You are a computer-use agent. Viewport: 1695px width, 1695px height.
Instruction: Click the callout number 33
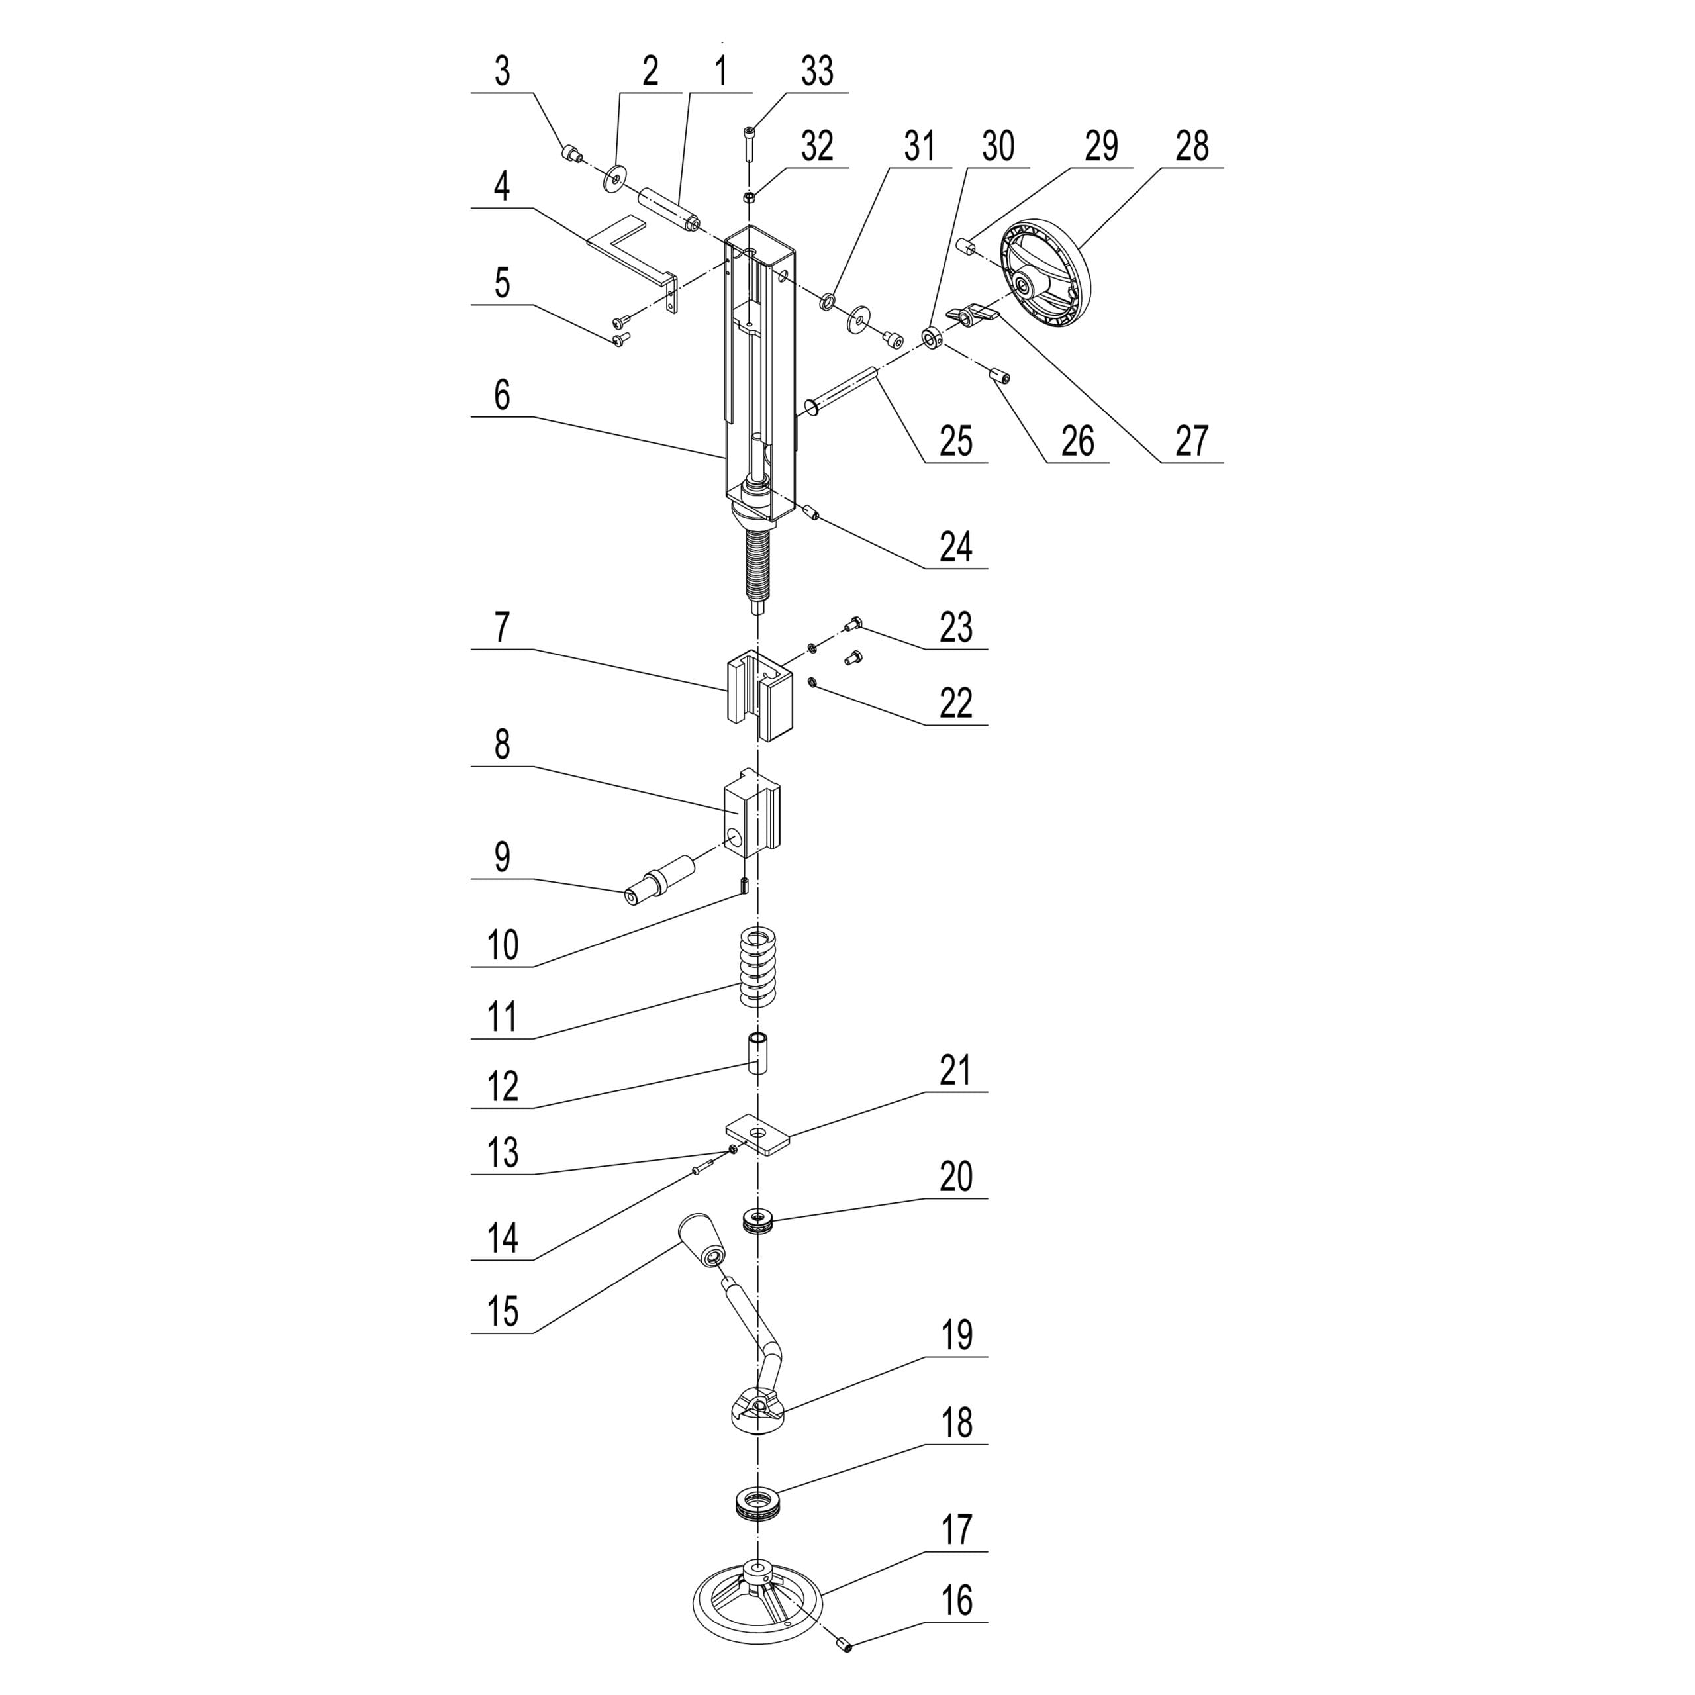click(816, 72)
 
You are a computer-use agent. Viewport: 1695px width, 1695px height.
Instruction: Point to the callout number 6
click(502, 396)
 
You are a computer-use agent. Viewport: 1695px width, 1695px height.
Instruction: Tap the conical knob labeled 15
click(701, 1239)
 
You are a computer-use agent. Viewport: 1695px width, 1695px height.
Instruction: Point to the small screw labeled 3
click(572, 156)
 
